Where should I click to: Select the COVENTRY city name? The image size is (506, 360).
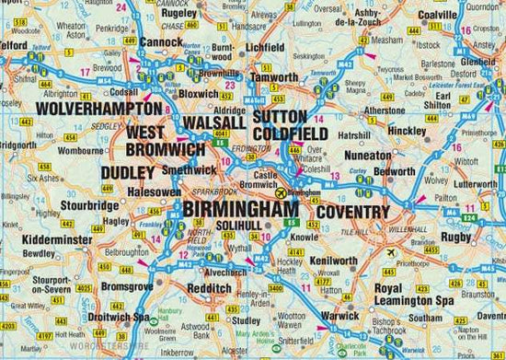pos(353,213)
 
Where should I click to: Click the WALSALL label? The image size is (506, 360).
pos(213,122)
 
